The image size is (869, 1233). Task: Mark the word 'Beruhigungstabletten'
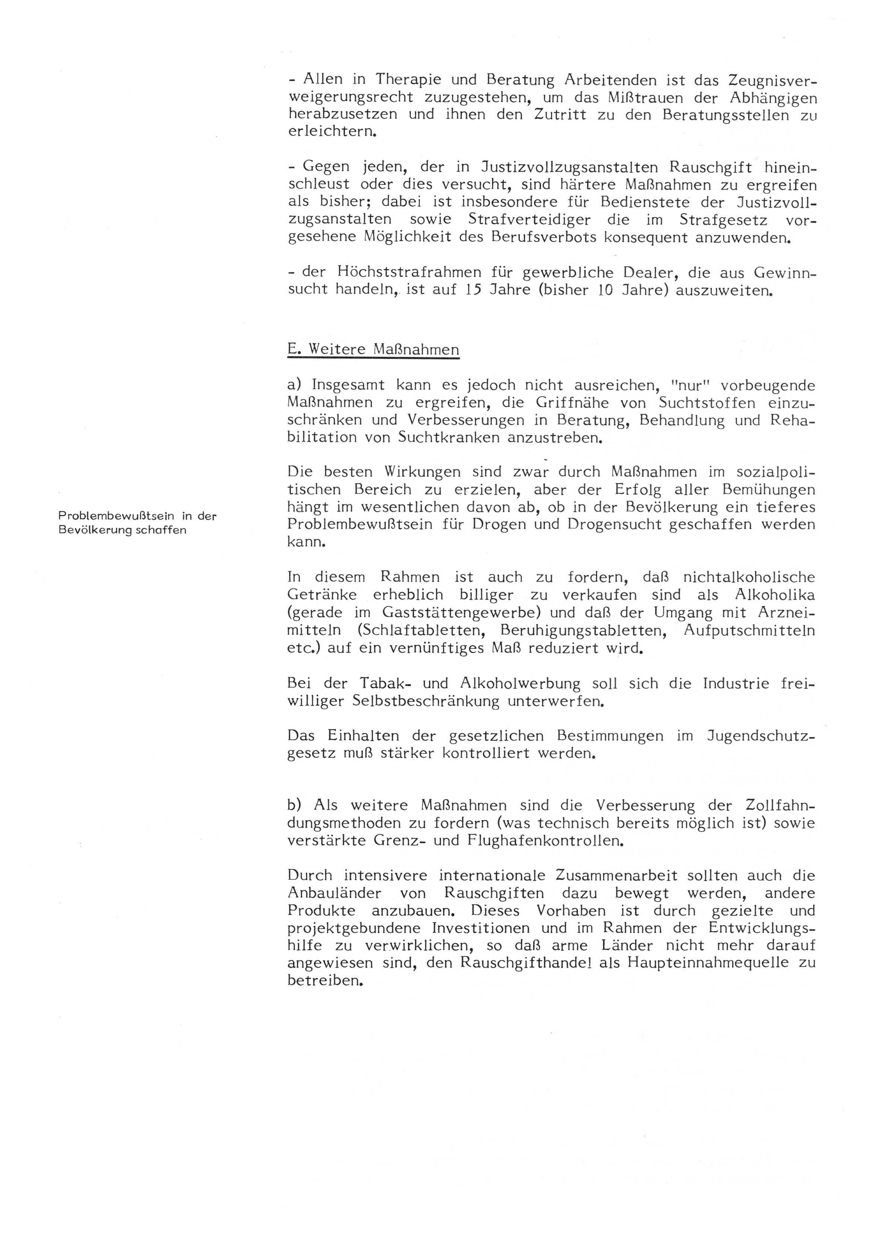pos(584,630)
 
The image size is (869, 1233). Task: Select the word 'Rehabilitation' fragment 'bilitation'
pos(322,437)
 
